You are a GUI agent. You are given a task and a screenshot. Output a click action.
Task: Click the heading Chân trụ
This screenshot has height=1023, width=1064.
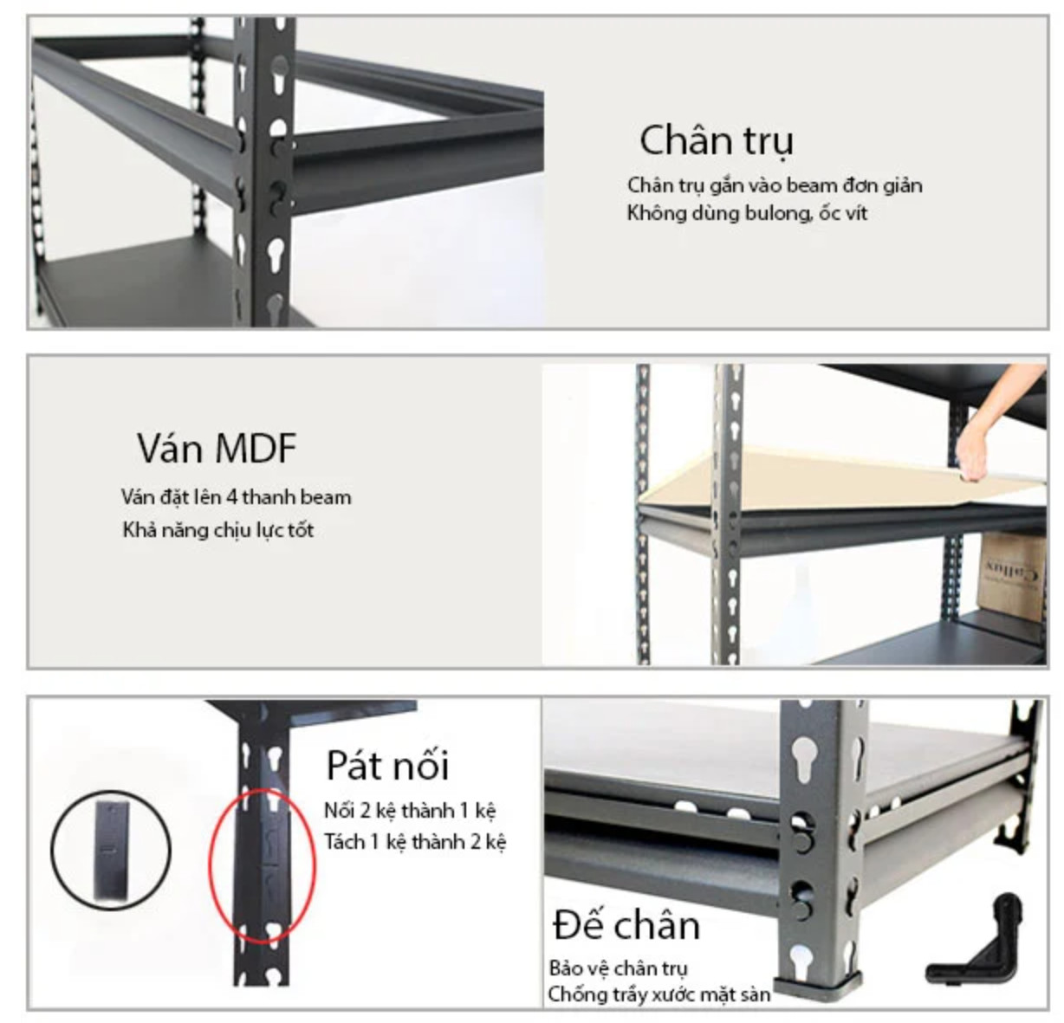[717, 141]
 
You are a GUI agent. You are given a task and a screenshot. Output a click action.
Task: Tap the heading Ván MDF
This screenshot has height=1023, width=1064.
[217, 449]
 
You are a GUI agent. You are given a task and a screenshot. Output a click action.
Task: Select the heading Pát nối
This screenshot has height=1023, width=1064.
[387, 766]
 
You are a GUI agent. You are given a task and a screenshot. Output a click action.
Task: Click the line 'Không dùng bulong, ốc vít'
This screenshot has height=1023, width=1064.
[747, 213]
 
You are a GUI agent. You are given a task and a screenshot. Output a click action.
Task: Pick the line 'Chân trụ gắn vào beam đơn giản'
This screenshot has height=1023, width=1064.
[775, 185]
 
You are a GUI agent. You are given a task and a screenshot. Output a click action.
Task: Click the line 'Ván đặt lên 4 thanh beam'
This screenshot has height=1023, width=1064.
[237, 497]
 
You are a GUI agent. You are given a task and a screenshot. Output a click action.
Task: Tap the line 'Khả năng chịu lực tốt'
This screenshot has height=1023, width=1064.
[218, 530]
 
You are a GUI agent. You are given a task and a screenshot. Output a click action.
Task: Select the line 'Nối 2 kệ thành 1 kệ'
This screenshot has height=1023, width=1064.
[410, 811]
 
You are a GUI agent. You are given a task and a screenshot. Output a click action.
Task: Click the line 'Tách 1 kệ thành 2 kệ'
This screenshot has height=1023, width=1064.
[415, 842]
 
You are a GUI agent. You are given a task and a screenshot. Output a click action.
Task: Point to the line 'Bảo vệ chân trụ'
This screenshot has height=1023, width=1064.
[619, 968]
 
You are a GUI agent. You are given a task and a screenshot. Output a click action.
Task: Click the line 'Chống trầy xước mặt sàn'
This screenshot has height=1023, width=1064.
[659, 994]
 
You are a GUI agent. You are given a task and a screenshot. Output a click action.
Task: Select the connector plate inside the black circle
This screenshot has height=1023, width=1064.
[112, 851]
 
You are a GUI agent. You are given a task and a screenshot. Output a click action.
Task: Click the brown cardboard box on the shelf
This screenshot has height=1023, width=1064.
[1012, 577]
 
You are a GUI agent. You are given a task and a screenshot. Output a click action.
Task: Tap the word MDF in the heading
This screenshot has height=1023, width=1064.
[256, 449]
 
